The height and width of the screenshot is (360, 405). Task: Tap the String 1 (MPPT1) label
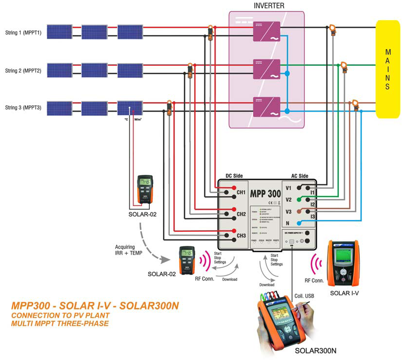click(x=23, y=33)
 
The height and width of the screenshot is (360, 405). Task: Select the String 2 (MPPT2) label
click(x=23, y=71)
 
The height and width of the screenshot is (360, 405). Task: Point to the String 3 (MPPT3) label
click(x=23, y=107)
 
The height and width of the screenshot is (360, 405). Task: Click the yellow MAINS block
click(x=387, y=69)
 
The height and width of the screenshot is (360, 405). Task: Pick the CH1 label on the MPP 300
click(x=241, y=192)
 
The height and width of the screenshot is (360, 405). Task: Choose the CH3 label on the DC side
click(x=241, y=236)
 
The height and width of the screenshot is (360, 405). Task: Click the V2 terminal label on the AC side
click(x=289, y=200)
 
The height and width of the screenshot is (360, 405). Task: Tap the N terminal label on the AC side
click(x=287, y=223)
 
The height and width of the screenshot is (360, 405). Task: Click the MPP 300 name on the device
click(x=265, y=193)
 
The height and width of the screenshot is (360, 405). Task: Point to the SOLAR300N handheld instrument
click(x=282, y=320)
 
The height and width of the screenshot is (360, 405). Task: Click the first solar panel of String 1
click(x=60, y=32)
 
